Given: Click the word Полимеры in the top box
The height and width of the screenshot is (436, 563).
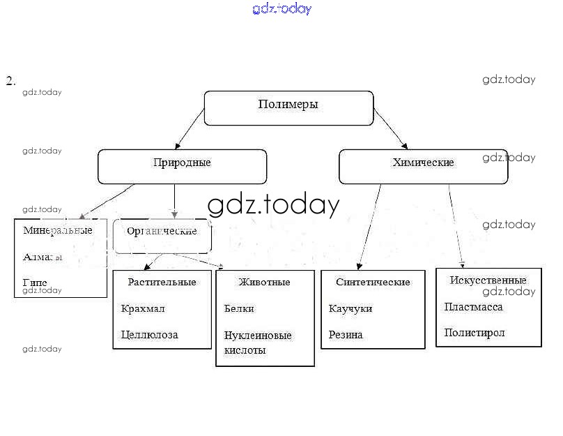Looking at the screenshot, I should pyautogui.click(x=288, y=105).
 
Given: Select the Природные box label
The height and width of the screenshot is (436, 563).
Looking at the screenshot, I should pyautogui.click(x=182, y=163).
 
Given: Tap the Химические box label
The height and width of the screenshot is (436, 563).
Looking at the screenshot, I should pyautogui.click(x=423, y=163).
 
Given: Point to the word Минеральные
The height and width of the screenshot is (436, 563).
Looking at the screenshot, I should pyautogui.click(x=58, y=230).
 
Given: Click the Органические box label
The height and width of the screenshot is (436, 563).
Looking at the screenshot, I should pyautogui.click(x=162, y=231).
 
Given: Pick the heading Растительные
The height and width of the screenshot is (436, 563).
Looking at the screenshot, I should pyautogui.click(x=162, y=282).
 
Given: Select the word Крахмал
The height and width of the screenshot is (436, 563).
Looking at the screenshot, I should pyautogui.click(x=143, y=308).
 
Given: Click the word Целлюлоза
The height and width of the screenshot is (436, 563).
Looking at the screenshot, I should pyautogui.click(x=149, y=335).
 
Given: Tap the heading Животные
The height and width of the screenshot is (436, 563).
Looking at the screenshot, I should pyautogui.click(x=264, y=282).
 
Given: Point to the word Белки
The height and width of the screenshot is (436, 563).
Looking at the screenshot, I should pyautogui.click(x=239, y=308).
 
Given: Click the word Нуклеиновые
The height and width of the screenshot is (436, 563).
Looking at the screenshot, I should pyautogui.click(x=258, y=335).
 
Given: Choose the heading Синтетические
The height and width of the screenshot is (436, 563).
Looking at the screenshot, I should pyautogui.click(x=373, y=282).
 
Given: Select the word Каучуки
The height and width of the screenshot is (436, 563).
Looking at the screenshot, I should pyautogui.click(x=350, y=308).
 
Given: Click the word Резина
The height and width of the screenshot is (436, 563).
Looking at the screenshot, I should pyautogui.click(x=346, y=335).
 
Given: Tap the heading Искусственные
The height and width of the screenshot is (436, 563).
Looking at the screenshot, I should pyautogui.click(x=488, y=280).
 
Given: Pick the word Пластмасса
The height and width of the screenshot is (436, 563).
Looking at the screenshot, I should pyautogui.click(x=473, y=306).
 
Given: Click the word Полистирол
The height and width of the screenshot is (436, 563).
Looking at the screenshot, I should pyautogui.click(x=475, y=333).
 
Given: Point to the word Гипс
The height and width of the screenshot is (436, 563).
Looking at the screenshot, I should pyautogui.click(x=36, y=282).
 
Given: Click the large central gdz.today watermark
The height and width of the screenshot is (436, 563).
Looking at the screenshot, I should pyautogui.click(x=273, y=205).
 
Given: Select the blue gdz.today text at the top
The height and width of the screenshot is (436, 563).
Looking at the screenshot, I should pyautogui.click(x=281, y=8).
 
